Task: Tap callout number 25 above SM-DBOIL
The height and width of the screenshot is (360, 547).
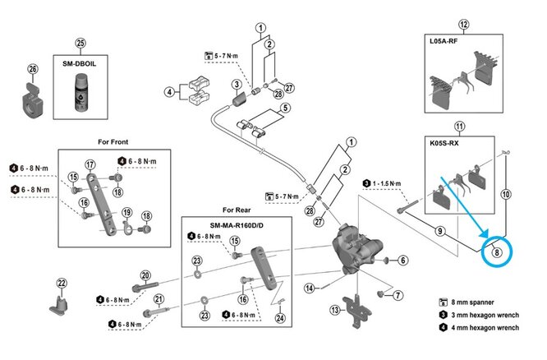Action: click(x=80, y=43)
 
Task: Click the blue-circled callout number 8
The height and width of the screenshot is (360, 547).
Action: click(x=497, y=253)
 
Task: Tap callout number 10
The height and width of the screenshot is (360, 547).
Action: click(x=506, y=195)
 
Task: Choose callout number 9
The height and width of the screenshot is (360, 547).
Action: click(x=440, y=231)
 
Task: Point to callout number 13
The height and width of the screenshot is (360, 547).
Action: click(x=335, y=310)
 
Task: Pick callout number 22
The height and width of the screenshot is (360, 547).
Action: click(x=60, y=284)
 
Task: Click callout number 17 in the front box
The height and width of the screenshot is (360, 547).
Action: click(x=90, y=165)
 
